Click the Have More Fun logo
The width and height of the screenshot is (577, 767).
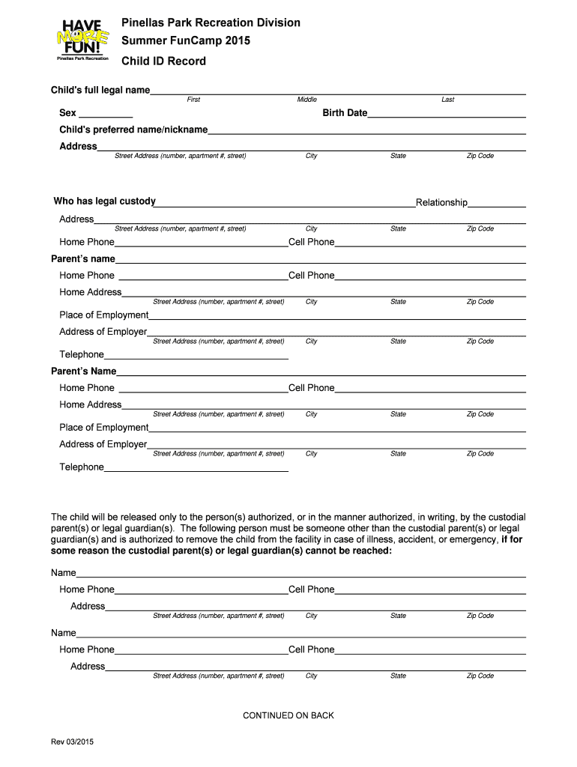[82, 39]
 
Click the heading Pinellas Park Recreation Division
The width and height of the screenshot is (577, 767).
[211, 22]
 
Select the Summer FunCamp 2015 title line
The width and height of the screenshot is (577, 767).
[186, 41]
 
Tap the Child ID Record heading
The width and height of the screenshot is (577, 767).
[163, 61]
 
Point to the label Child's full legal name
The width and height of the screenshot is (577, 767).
[100, 90]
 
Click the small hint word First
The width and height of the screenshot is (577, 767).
[193, 100]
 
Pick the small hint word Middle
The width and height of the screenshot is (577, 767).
[307, 100]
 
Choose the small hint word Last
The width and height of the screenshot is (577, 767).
[447, 100]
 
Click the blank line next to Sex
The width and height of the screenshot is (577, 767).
[106, 117]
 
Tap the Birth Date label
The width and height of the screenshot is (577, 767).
[345, 113]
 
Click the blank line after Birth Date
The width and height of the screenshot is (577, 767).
[447, 117]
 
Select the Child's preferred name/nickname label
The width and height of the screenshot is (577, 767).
[133, 130]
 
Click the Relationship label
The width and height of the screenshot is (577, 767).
[441, 202]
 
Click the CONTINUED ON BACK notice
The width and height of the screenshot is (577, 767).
[288, 715]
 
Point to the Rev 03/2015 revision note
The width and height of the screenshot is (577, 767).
[72, 742]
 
